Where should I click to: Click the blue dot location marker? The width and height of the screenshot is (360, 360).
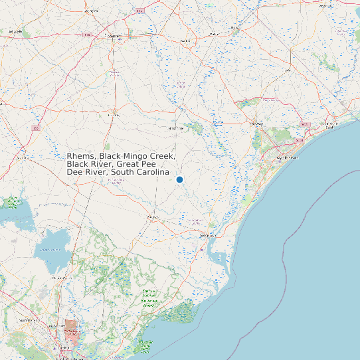pos(179,179)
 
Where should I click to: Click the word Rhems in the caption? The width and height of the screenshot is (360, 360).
pos(80,156)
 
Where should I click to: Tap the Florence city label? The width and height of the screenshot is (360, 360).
pos(116,36)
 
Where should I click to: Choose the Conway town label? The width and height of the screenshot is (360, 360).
pos(256,124)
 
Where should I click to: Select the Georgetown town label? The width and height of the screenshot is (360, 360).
pos(208,235)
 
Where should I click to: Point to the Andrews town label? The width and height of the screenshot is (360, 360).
pos(153,217)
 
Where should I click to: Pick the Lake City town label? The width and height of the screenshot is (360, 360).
pos(112,114)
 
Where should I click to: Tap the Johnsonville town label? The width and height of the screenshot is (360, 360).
pos(177,128)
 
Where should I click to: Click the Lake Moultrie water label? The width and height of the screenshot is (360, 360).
pos(50,249)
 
